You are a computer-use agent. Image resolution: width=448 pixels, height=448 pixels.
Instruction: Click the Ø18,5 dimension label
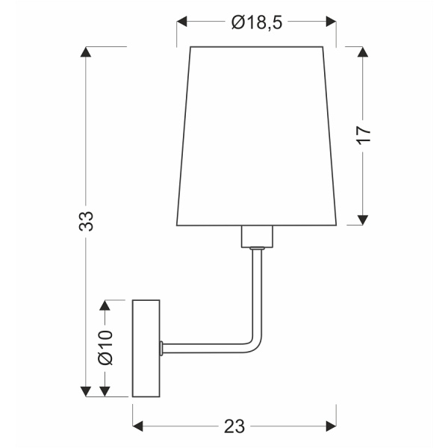256,23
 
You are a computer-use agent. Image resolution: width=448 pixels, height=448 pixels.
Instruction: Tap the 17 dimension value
364,134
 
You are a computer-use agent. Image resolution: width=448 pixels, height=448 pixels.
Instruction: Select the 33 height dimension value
87,222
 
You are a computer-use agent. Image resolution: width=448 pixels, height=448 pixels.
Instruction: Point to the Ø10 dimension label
105,347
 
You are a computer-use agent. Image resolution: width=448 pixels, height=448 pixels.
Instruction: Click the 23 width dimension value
234,426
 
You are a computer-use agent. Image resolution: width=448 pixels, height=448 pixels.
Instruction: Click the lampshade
256,134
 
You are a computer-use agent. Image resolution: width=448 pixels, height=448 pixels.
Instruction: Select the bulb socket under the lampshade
256,237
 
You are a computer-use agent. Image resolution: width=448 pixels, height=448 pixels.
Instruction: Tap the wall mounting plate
146,348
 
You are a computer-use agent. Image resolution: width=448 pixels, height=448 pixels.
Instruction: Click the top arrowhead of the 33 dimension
87,53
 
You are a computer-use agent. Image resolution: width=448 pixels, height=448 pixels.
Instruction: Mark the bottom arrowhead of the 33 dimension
87,391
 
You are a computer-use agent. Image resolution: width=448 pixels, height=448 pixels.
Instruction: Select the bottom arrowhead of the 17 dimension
364,219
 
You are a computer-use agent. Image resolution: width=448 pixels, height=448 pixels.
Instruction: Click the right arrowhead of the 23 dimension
330,426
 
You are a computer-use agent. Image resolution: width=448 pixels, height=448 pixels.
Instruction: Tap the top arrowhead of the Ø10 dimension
105,305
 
